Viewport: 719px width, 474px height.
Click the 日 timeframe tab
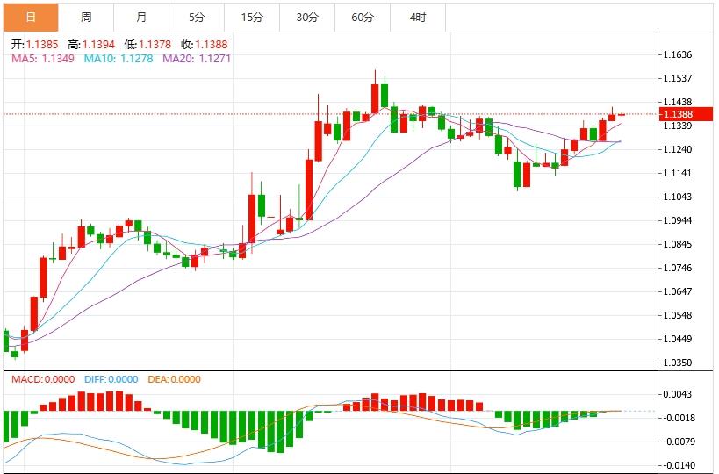31,18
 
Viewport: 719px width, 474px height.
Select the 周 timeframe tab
86,18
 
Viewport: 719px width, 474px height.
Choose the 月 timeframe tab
142,18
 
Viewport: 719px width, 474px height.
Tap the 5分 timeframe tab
197,18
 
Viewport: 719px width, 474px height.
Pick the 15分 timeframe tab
252,18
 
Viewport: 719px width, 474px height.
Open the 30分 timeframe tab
307,18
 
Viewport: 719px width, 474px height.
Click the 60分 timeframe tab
363,18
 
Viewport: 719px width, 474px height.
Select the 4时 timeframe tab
418,18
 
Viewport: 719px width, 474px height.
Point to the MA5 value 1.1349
57,58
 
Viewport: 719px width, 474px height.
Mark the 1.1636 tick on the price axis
679,54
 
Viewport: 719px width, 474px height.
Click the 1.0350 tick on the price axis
679,363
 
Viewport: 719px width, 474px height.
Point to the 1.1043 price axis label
679,197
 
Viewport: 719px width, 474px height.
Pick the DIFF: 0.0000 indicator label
111,379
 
